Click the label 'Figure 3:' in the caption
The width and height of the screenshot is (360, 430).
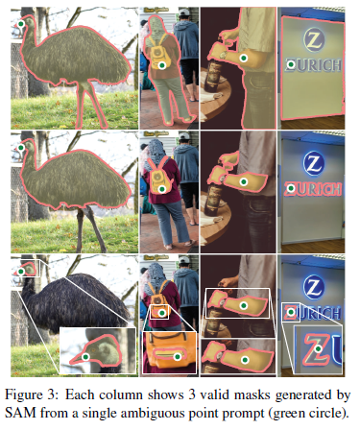[32, 395]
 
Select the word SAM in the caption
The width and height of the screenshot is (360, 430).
[19, 413]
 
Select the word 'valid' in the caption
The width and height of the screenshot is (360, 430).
[212, 395]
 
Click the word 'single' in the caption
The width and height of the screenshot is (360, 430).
[100, 414]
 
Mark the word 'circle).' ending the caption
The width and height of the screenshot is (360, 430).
[328, 414]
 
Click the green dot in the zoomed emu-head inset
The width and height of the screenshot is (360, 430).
[85, 357]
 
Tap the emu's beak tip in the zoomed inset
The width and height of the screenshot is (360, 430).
[70, 363]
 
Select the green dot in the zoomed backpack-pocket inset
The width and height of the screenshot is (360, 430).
[177, 357]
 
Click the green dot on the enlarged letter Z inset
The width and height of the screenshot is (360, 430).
[318, 348]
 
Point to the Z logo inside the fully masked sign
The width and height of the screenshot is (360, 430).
[314, 40]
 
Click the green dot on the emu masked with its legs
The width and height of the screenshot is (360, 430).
[21, 24]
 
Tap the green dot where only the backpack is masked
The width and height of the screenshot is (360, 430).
[162, 188]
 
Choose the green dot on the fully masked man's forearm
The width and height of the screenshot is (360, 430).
[244, 58]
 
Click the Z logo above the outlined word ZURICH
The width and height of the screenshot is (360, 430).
[314, 163]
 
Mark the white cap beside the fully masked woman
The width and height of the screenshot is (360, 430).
[184, 12]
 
